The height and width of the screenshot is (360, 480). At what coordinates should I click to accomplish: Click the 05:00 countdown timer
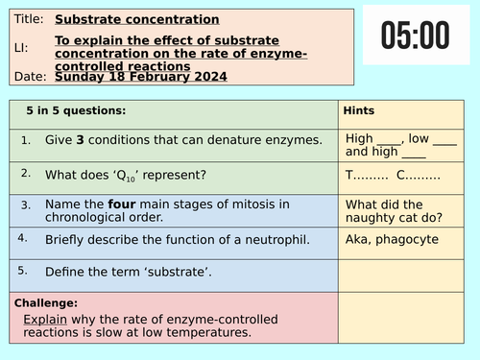[x=415, y=36]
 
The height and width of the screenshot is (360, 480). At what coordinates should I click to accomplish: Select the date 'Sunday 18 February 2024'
[x=141, y=76]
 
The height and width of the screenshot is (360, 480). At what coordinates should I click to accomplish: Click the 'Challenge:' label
[x=47, y=301]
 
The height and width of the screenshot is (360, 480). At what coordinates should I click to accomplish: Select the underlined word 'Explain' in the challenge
[x=44, y=318]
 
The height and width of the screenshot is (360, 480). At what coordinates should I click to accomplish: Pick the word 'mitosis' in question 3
[x=264, y=204]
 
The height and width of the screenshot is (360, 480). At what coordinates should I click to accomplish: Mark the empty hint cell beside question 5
[x=404, y=275]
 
